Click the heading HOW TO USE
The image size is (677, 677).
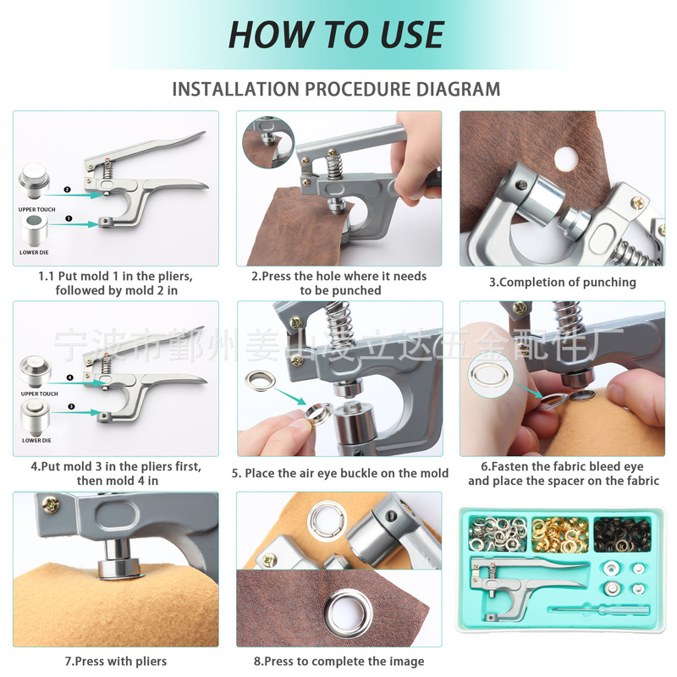[x=336, y=35]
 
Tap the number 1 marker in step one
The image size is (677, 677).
[x=69, y=218]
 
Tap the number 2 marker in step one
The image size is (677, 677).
[x=67, y=190]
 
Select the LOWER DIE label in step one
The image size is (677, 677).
[x=34, y=252]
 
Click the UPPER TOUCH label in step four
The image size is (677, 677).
[x=39, y=394]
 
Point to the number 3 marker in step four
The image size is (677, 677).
[x=71, y=406]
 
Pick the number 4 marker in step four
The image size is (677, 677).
[x=70, y=377]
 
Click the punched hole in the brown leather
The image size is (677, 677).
[x=566, y=159]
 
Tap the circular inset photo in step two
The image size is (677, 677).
[x=268, y=142]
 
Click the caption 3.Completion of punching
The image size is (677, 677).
[x=562, y=283]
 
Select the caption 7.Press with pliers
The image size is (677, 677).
[x=116, y=661]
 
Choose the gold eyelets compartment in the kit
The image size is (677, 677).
[x=560, y=535]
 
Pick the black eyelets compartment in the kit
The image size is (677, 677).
[x=622, y=535]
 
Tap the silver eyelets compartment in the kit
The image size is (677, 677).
[x=498, y=535]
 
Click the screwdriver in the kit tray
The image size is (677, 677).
[x=599, y=610]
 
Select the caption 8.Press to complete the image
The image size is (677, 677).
[x=339, y=661]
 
